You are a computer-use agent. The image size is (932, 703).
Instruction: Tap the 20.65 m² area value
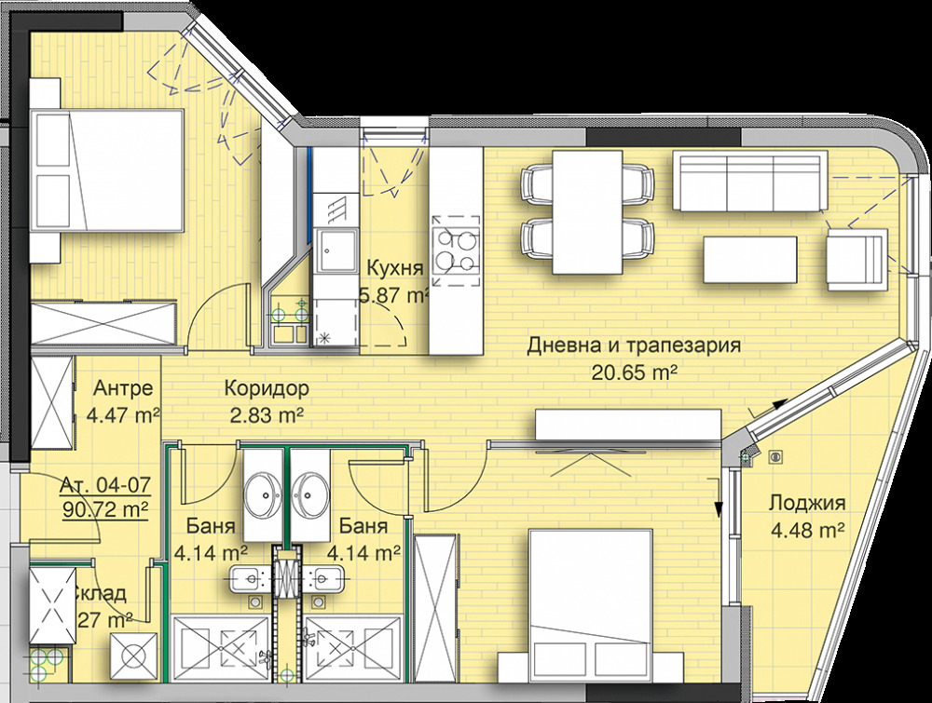634,372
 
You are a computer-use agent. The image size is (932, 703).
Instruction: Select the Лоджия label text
806,505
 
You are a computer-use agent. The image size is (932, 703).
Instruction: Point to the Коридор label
266,389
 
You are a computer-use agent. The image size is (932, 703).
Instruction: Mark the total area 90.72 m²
105,509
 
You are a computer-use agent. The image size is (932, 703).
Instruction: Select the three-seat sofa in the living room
749,183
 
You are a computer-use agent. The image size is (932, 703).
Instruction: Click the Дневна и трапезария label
634,346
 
